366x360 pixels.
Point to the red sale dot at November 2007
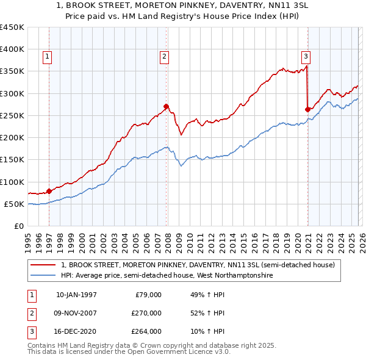pos(166,106)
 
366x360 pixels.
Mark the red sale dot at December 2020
pos(307,109)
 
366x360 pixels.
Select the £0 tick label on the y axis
pos(20,226)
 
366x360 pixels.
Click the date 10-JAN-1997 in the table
pos(76,295)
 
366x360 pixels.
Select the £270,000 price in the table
pos(147,313)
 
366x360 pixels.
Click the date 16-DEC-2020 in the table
pos(76,331)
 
